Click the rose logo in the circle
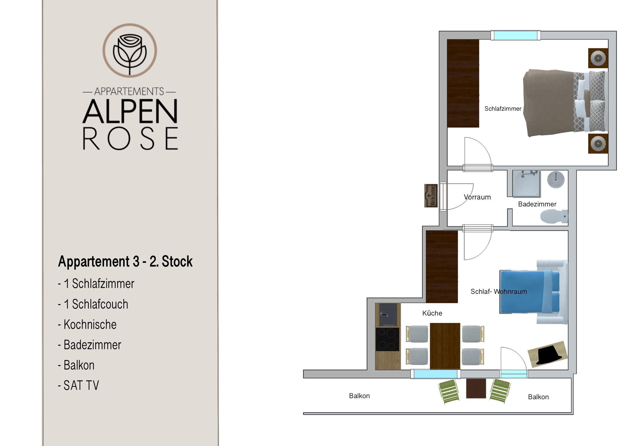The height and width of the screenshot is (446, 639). (130, 51)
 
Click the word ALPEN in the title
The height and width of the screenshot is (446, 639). (130, 111)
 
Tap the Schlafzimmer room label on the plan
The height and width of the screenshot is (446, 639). (503, 109)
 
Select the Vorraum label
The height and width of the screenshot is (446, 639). (477, 197)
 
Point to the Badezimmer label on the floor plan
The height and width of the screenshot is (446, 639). (537, 204)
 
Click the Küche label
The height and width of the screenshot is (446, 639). (432, 313)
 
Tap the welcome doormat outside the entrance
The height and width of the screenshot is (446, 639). (431, 196)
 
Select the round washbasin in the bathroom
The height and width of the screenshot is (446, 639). (556, 179)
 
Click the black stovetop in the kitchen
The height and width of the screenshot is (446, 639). (387, 339)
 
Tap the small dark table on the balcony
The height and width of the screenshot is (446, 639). (476, 389)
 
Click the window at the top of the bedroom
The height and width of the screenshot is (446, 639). (516, 35)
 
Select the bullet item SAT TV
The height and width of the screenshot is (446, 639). (78, 385)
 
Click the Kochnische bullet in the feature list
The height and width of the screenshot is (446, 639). (87, 324)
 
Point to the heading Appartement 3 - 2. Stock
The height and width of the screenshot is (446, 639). (125, 261)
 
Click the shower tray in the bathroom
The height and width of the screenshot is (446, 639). (526, 184)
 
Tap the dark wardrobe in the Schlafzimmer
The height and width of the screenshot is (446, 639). (463, 83)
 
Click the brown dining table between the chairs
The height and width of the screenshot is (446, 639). (445, 346)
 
